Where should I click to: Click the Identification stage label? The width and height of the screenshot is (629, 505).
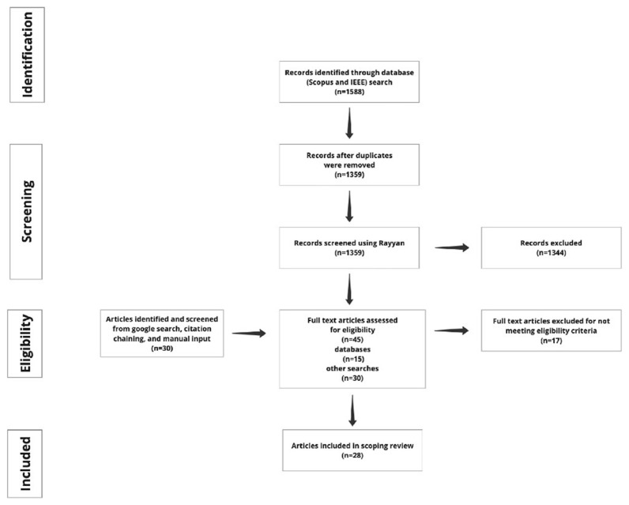pos(27,55)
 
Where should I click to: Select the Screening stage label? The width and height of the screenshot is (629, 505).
pos(26,211)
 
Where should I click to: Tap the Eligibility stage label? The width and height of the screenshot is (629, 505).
pos(24,343)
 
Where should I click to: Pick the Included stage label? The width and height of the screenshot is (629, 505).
pos(24,464)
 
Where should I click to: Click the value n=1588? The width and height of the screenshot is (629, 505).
pos(349,92)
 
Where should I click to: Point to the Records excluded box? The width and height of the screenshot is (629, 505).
pos(552,248)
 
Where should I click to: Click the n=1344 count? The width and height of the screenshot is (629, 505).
pos(552,253)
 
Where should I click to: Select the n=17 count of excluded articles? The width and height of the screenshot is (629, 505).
pos(552,341)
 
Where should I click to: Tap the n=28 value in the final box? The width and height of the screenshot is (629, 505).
pos(352,455)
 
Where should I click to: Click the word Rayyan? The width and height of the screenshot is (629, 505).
pos(392,243)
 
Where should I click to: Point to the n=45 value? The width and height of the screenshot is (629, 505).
pos(352,340)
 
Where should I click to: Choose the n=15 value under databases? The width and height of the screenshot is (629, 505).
pos(352,359)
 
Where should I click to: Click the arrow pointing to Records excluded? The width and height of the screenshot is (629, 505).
pos(452,248)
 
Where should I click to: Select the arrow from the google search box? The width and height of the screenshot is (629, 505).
pos(249,334)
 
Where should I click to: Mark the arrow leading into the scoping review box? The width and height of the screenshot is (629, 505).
pos(352,410)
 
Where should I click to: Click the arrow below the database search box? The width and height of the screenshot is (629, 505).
pos(349,123)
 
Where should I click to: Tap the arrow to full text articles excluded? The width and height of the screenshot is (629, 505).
pos(451,330)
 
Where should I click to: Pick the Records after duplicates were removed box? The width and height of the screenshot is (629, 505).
pos(349,165)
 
